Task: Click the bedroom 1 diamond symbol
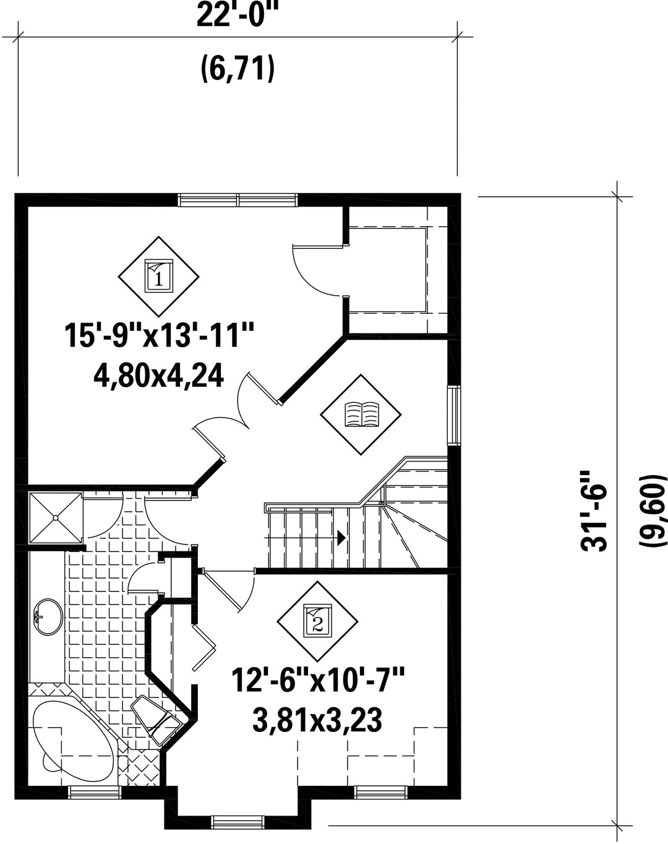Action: [x=158, y=277]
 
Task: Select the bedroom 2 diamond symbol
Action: [x=317, y=622]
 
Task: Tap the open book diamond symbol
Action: [x=361, y=415]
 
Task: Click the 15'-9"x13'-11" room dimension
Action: [x=160, y=336]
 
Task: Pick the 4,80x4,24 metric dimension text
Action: [x=159, y=376]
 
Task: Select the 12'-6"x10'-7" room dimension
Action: [x=318, y=682]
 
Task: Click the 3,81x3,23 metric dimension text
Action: [x=317, y=720]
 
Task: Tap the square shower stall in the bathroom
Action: [x=56, y=518]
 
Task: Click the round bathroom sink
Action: [x=48, y=616]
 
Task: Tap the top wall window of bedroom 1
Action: [x=238, y=200]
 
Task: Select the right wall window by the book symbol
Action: [x=453, y=416]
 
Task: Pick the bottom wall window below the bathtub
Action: [x=94, y=792]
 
